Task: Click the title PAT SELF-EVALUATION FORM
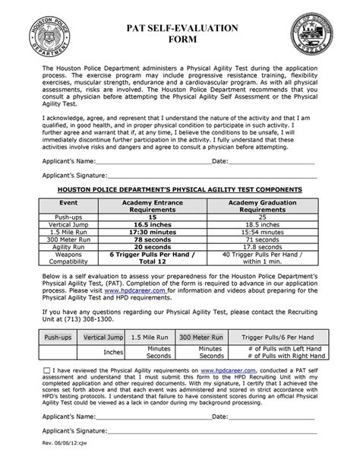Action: point(181,33)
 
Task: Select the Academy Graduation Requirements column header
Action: point(260,208)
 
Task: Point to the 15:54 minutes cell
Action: point(260,233)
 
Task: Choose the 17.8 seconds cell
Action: point(260,248)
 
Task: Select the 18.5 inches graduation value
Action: point(260,225)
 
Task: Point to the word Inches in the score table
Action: point(113,352)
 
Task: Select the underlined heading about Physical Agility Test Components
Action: point(180,189)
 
